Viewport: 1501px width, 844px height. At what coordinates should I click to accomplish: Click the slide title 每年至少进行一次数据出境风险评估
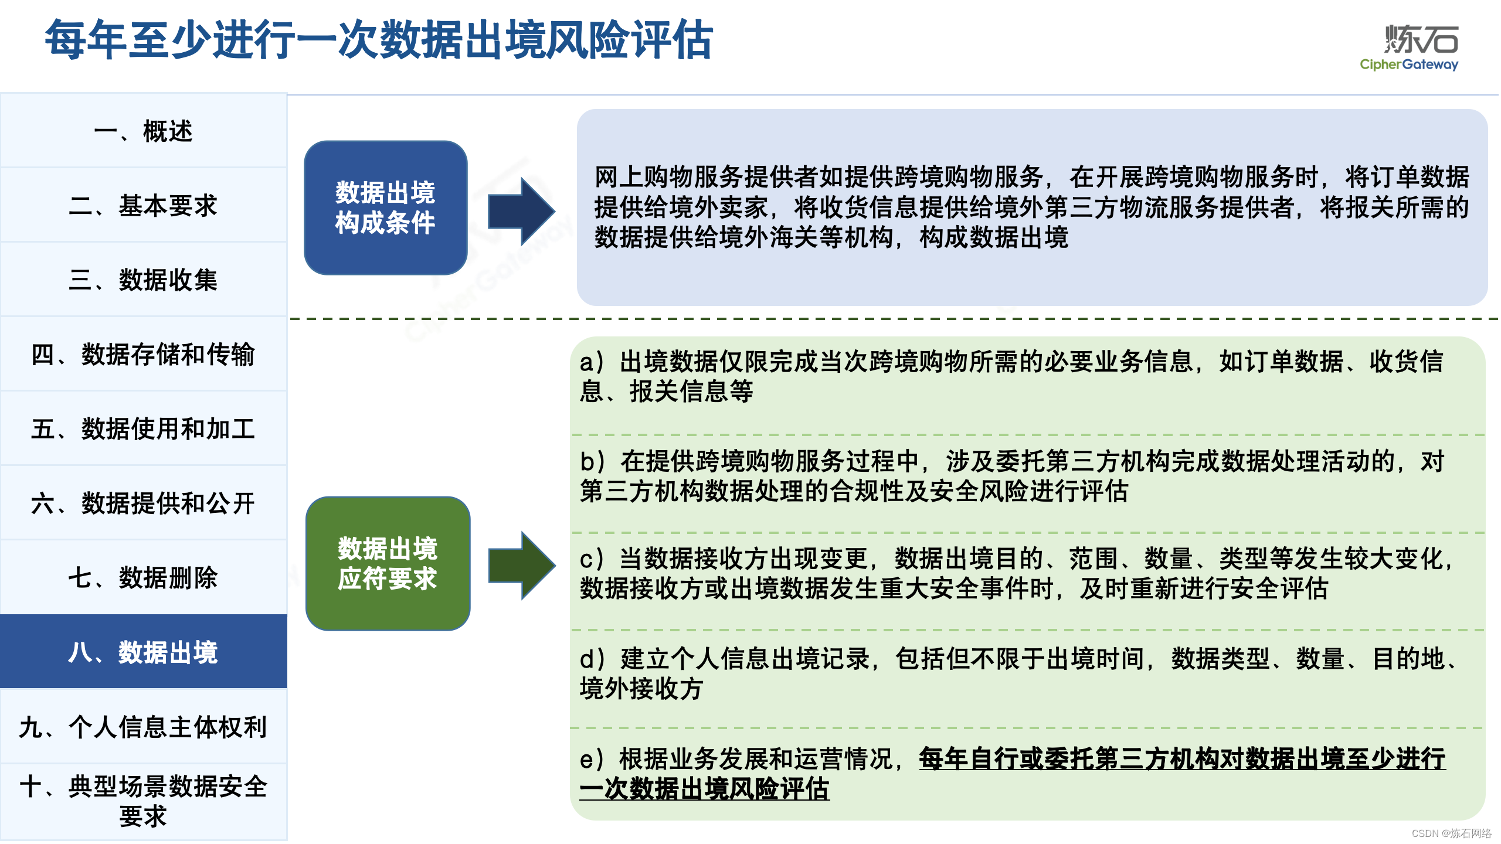point(379,40)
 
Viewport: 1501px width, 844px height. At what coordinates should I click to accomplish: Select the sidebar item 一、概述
point(143,131)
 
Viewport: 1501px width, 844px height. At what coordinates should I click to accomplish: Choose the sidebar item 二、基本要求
point(143,206)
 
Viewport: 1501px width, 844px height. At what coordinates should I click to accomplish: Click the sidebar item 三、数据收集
point(143,280)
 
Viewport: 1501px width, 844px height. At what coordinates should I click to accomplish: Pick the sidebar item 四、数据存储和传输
point(143,355)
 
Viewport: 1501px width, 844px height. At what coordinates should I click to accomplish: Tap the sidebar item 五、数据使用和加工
point(143,429)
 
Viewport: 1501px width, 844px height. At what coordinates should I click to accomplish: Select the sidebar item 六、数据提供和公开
point(143,503)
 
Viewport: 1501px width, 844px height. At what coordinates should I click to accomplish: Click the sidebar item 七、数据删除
point(143,578)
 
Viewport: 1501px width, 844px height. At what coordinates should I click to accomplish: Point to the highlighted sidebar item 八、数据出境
point(143,652)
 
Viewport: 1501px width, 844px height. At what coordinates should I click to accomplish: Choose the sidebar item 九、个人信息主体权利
point(143,727)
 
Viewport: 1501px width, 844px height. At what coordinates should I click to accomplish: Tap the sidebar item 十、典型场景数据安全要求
point(143,801)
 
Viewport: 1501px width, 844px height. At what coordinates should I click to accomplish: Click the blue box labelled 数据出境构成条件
point(385,207)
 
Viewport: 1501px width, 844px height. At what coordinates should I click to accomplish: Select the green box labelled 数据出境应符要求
point(388,563)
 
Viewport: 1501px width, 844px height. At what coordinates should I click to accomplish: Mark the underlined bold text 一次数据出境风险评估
point(704,789)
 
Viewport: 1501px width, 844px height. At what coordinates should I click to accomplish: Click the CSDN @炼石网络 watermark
point(1451,833)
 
